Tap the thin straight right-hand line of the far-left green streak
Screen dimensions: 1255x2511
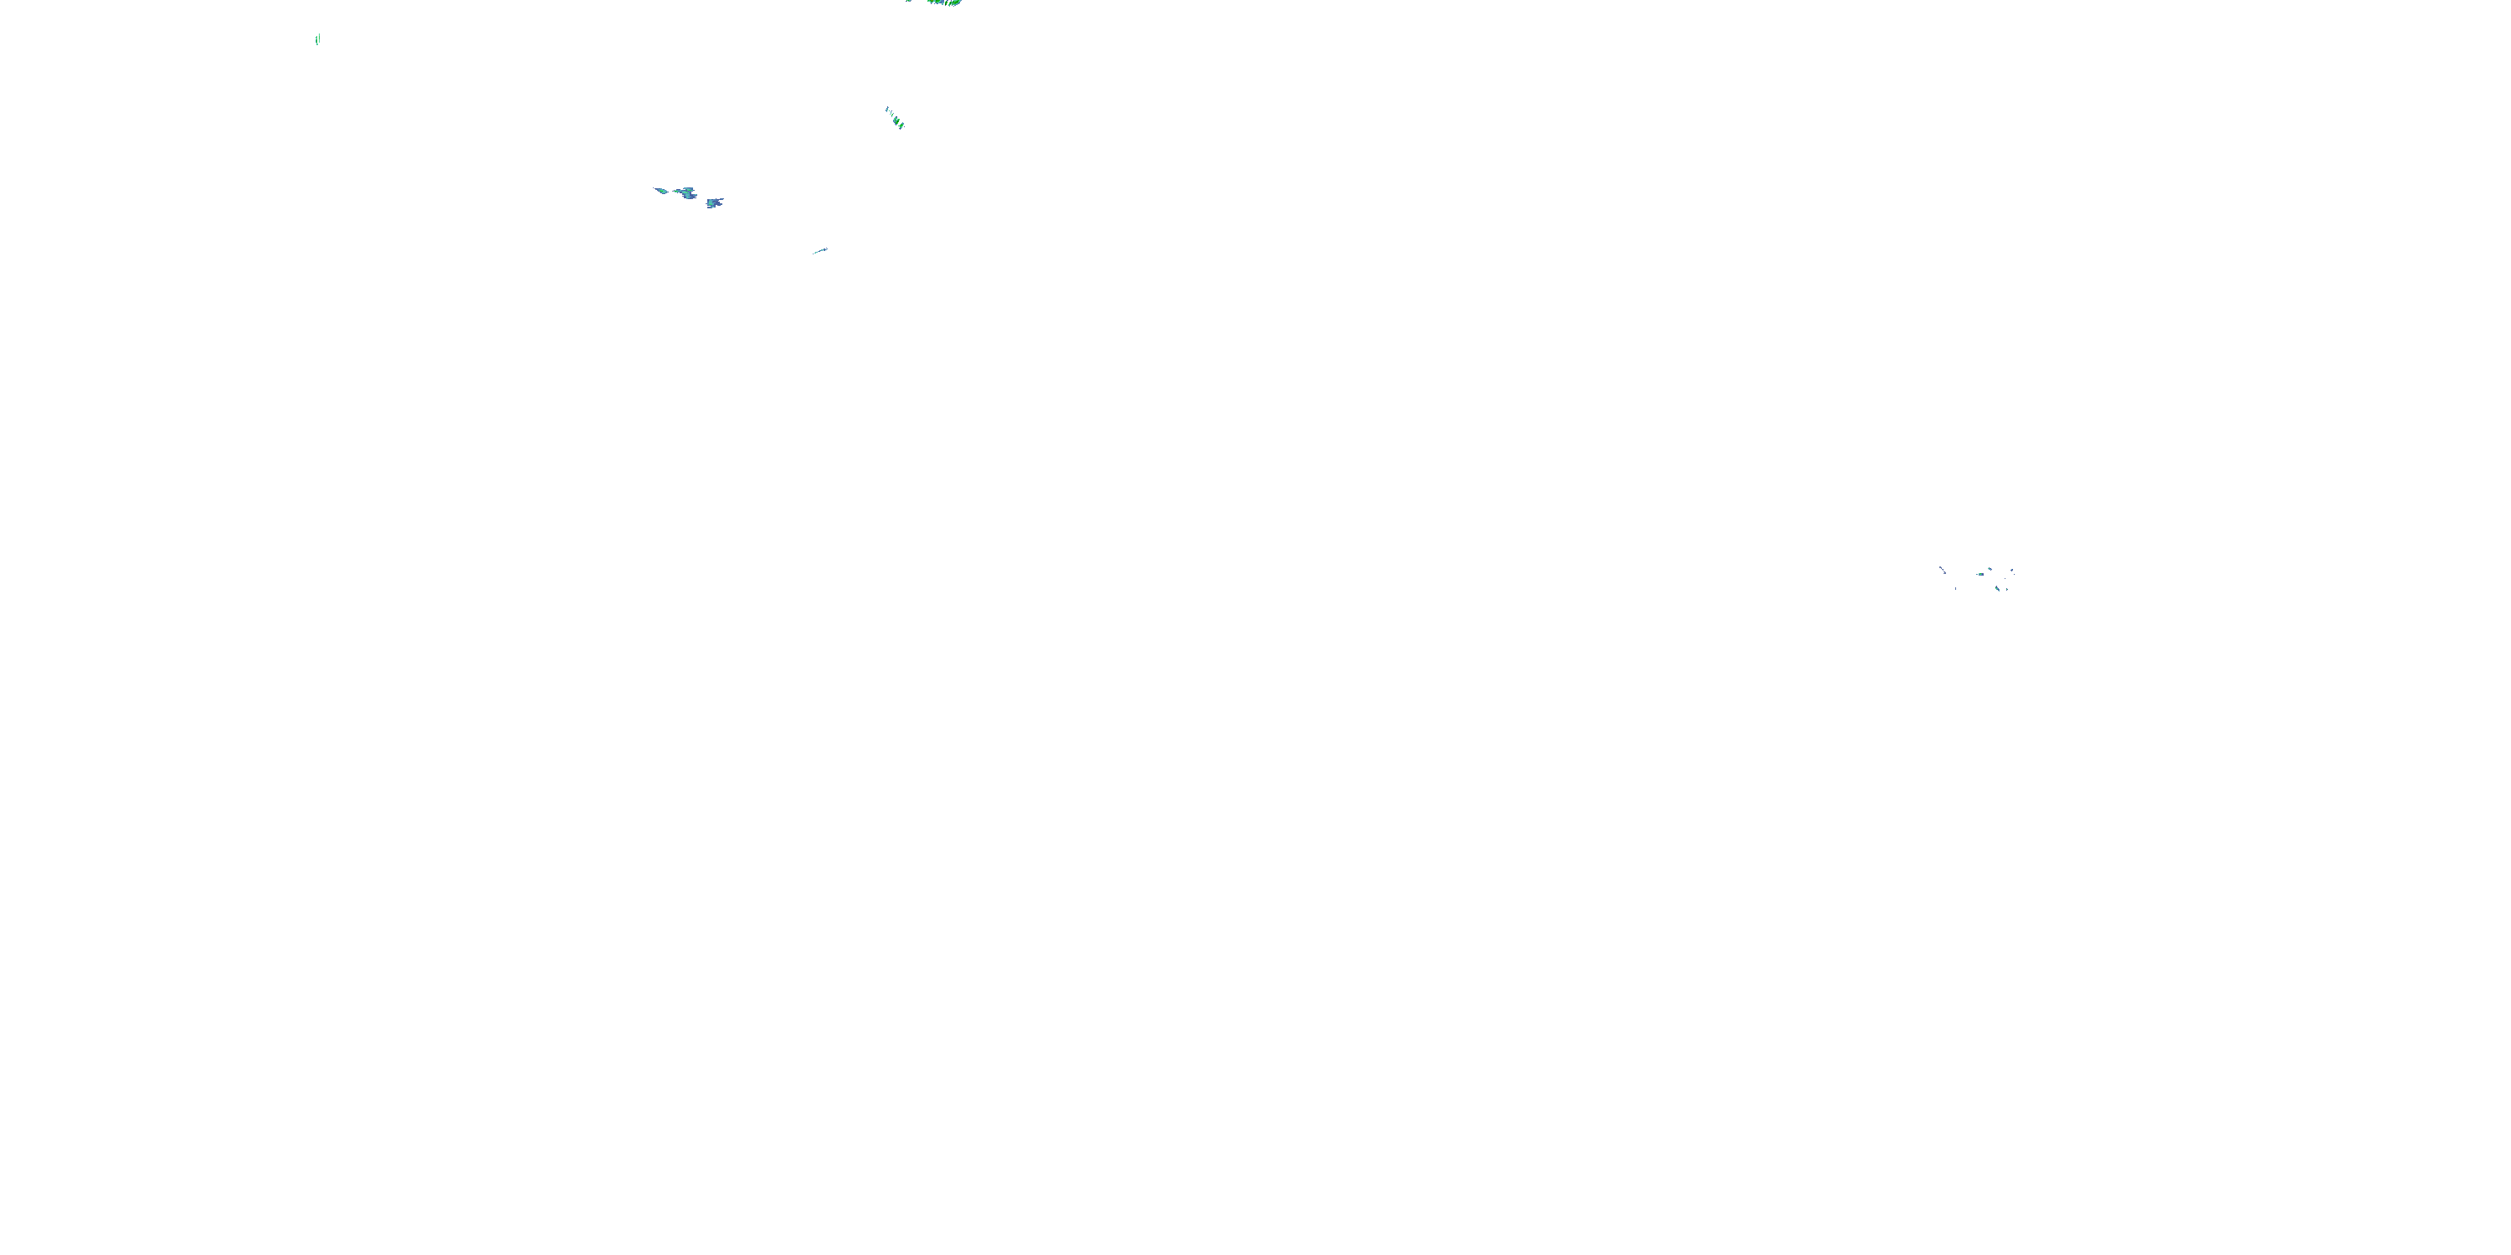319,39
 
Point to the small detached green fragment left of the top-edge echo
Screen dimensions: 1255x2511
908,1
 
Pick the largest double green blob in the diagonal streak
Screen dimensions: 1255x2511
896,120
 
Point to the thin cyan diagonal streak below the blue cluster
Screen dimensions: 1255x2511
819,251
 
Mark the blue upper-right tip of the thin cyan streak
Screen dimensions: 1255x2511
825,249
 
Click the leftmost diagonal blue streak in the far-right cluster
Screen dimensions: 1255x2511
1943,571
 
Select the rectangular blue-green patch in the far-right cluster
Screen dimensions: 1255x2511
1982,575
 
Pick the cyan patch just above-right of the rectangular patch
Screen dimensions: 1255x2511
1990,569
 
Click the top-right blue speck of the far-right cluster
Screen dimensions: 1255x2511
2012,571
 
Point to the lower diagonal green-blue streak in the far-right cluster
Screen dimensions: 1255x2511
1997,590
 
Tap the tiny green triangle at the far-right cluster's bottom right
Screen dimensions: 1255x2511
2007,590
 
